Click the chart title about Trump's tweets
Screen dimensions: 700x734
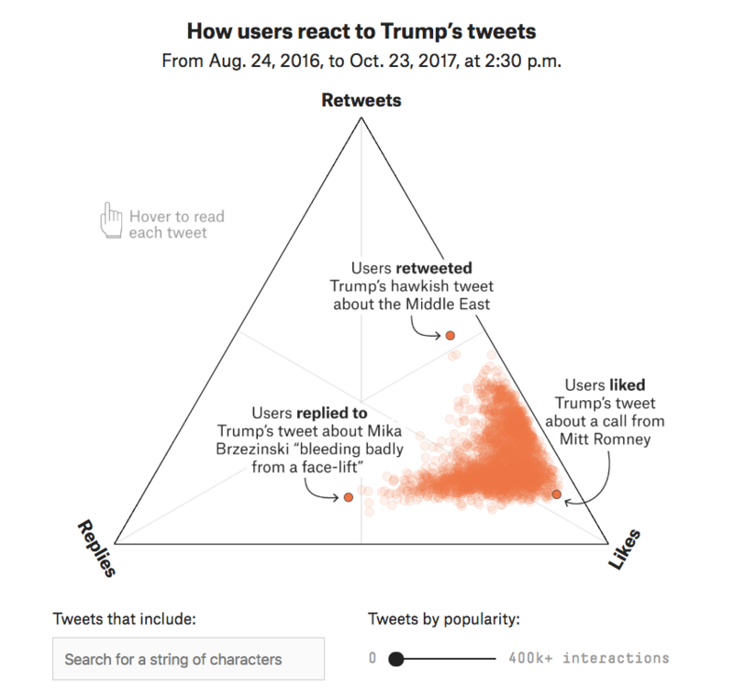point(361,32)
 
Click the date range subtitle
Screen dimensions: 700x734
point(361,61)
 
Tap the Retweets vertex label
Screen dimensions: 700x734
point(361,100)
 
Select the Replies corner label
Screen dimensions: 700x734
point(96,549)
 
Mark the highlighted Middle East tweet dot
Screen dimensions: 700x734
point(450,336)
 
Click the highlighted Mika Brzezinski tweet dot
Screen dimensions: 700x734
point(349,497)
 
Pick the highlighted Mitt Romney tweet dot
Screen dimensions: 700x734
point(556,494)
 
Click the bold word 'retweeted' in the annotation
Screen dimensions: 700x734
point(434,269)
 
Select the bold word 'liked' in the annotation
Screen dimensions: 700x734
point(626,385)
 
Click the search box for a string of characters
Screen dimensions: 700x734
point(188,659)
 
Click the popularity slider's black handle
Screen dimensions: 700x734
point(396,659)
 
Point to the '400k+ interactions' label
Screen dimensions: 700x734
point(588,658)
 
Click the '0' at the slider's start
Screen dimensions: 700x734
point(373,658)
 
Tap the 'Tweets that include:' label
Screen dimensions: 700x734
point(125,618)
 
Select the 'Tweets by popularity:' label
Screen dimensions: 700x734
point(444,618)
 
